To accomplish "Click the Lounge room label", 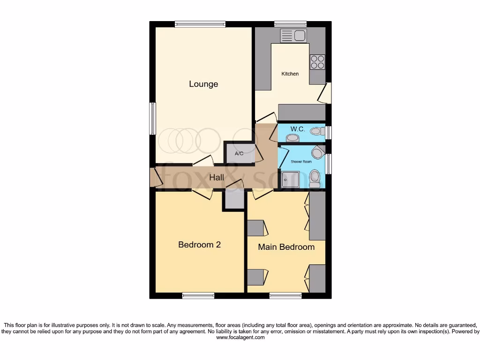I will coord(203,84).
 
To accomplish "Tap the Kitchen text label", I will coord(290,74).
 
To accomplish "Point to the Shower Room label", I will coord(301,161).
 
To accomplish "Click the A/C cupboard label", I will coord(239,154).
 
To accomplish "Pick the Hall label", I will coord(217,178).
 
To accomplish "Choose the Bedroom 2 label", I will coord(199,245).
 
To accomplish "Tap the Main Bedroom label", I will coord(286,247).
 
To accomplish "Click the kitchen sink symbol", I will coord(292,35).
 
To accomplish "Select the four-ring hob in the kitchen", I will coord(317,62).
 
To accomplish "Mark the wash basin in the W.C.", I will coord(293,138).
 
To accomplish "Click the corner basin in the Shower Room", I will coord(317,152).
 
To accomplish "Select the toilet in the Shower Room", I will coord(315,179).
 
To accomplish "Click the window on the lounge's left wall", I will coord(152,119).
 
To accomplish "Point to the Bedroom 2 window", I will coord(198,295).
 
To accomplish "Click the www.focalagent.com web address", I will coord(240,337).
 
